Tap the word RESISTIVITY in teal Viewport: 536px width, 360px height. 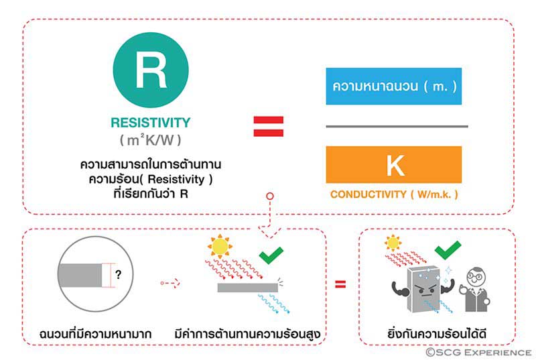click(151, 123)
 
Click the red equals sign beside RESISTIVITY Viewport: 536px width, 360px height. click(268, 126)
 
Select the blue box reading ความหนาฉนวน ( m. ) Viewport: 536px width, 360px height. click(393, 86)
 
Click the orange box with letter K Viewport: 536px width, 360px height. click(393, 165)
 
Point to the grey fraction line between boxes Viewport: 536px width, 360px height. click(393, 126)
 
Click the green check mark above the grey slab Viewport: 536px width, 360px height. click(270, 255)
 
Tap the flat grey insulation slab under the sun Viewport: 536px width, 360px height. click(247, 287)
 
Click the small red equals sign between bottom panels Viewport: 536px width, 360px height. click(340, 284)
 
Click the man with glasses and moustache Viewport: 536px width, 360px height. click(476, 288)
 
